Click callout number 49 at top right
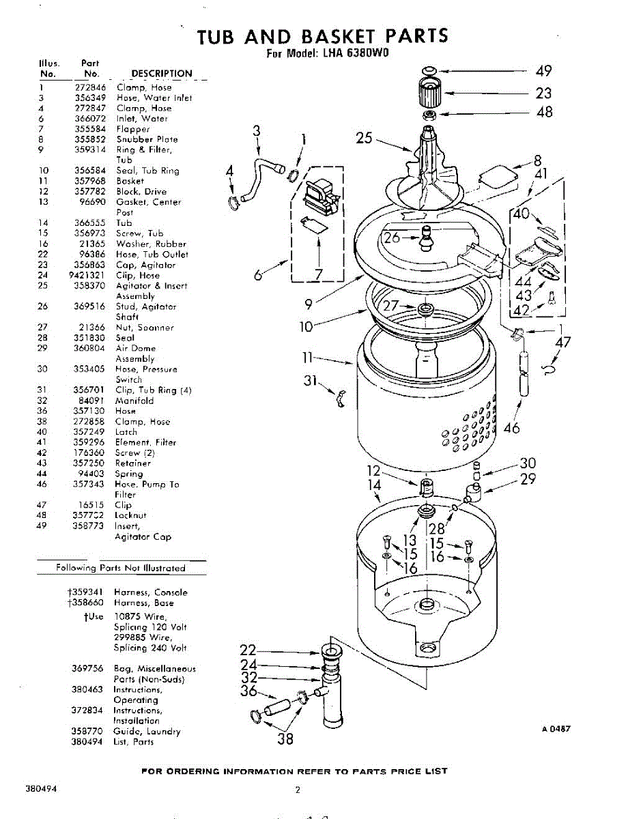tap(543, 71)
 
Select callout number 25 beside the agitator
tap(365, 138)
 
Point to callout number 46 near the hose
tap(511, 428)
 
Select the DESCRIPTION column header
tap(162, 74)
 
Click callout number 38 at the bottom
tap(285, 738)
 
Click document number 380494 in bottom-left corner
tap(41, 789)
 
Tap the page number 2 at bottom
tap(298, 790)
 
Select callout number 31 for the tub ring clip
tap(311, 380)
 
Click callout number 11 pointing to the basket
tap(307, 357)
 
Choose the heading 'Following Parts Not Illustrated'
tap(121, 568)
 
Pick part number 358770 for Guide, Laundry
tap(87, 731)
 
